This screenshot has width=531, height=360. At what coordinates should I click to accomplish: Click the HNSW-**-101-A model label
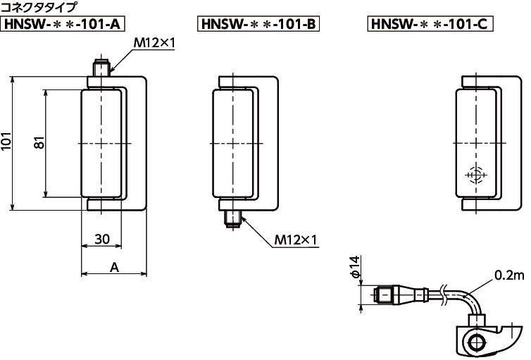click(63, 24)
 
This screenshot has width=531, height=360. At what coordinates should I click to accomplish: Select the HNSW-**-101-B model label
click(258, 24)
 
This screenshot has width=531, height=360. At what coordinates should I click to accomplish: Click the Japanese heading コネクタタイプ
click(39, 7)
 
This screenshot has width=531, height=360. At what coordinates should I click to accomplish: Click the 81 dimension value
click(39, 142)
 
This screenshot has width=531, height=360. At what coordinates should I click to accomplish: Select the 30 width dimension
click(102, 239)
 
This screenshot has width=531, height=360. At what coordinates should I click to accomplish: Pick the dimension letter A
click(115, 268)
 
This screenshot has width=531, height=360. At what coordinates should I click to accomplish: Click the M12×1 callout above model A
click(154, 43)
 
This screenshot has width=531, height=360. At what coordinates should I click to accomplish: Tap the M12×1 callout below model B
click(295, 240)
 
